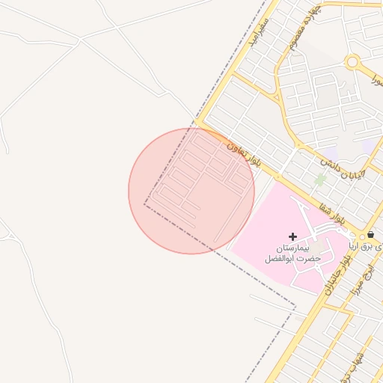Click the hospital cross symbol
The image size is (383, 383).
(x=292, y=236)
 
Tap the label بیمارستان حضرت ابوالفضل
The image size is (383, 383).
(x=292, y=252)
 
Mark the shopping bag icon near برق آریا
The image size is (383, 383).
(x=371, y=235)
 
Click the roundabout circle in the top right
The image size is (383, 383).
(x=353, y=62)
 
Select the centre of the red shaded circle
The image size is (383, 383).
(x=191, y=191)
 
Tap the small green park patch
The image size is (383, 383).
(x=320, y=180)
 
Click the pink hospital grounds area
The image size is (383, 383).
(x=262, y=224)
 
